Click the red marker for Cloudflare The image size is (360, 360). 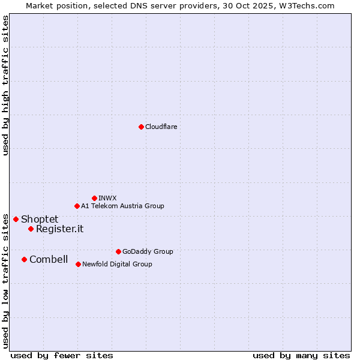(x=141, y=127)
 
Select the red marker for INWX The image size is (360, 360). (x=94, y=198)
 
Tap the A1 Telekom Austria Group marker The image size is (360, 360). (x=77, y=206)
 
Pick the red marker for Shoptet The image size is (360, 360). (x=16, y=219)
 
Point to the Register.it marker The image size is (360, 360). (x=31, y=229)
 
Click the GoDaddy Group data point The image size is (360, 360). (x=118, y=251)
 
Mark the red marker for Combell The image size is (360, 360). (x=24, y=259)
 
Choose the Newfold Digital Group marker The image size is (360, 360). (x=78, y=264)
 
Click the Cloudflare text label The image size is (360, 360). (x=161, y=127)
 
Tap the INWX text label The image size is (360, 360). (x=107, y=198)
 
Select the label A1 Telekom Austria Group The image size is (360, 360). (x=122, y=206)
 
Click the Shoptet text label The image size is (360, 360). (x=40, y=219)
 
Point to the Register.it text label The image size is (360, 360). (x=59, y=229)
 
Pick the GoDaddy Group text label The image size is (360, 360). (x=148, y=251)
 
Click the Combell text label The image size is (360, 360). (x=49, y=259)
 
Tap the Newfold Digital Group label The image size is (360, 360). (x=117, y=264)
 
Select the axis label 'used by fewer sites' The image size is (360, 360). (x=62, y=355)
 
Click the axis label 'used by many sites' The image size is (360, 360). (x=301, y=355)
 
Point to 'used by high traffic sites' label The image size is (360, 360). (x=5, y=85)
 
